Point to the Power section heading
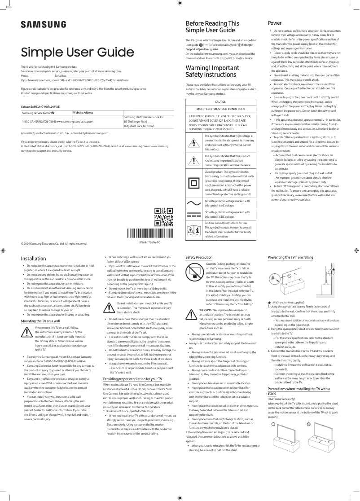click(275, 23)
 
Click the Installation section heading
click(34, 259)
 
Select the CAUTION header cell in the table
click(221, 102)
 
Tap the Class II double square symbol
click(194, 184)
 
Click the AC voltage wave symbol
click(194, 203)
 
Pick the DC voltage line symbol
click(194, 215)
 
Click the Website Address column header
click(83, 112)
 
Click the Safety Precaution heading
click(199, 257)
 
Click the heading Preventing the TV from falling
click(290, 257)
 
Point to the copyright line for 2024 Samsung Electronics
click(54, 244)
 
